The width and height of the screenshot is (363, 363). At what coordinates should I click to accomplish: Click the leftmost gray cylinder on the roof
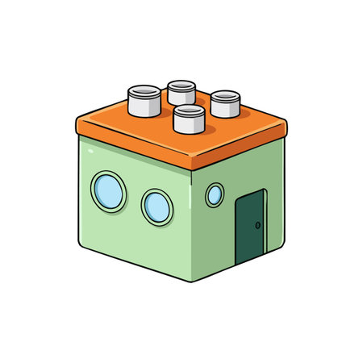(145, 102)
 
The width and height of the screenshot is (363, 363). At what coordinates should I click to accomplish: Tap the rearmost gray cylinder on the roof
(181, 93)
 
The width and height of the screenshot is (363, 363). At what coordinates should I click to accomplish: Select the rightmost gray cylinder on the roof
(225, 105)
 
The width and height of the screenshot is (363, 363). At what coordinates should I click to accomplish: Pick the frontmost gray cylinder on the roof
(189, 119)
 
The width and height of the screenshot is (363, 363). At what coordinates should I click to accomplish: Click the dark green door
(250, 228)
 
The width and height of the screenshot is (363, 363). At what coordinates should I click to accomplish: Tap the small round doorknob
(258, 225)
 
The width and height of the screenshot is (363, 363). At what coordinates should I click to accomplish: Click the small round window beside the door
(215, 194)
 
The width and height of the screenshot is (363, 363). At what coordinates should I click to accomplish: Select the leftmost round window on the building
(107, 190)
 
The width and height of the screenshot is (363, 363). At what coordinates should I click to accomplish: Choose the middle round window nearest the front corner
(157, 207)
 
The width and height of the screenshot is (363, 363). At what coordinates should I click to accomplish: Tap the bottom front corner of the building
(192, 281)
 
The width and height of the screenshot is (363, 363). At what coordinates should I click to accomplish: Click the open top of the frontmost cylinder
(189, 110)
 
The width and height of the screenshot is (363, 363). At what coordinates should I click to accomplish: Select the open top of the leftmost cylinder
(145, 91)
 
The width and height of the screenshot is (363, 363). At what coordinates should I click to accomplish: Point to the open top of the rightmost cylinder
(225, 95)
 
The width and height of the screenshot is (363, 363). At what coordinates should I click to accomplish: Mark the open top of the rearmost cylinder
(181, 85)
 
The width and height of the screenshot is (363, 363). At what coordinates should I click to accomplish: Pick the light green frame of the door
(236, 234)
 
